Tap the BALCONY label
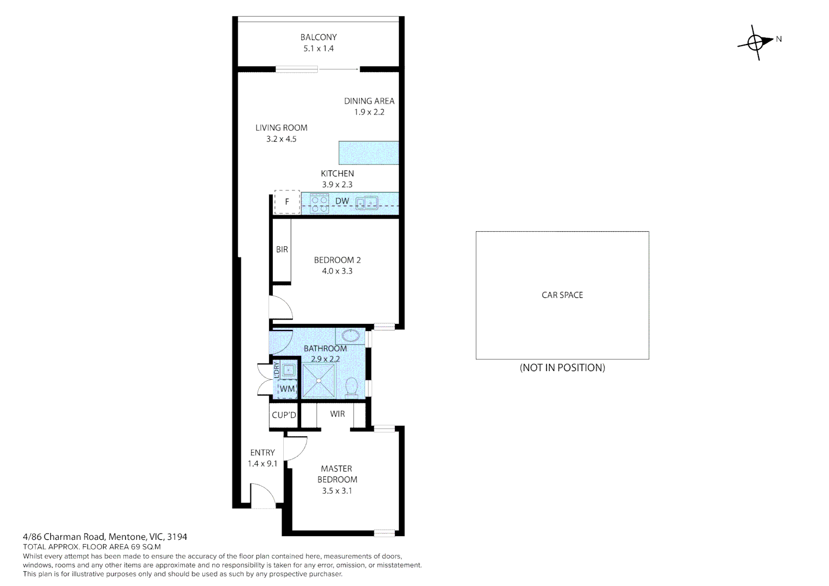tap(318, 37)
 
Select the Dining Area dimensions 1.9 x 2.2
tap(369, 112)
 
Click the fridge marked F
tap(287, 202)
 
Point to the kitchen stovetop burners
tap(320, 204)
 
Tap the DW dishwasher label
tap(342, 201)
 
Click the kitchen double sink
tap(367, 202)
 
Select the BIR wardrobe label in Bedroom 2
tap(282, 250)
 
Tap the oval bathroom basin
tap(350, 336)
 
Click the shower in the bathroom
tap(318, 380)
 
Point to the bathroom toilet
tap(351, 387)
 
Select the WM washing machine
tap(287, 388)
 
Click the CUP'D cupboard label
tap(284, 415)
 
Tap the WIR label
tap(337, 414)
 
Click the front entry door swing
tap(263, 496)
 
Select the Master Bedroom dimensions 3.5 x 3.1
tap(337, 491)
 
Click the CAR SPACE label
tap(562, 295)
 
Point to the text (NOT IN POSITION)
tap(562, 367)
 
